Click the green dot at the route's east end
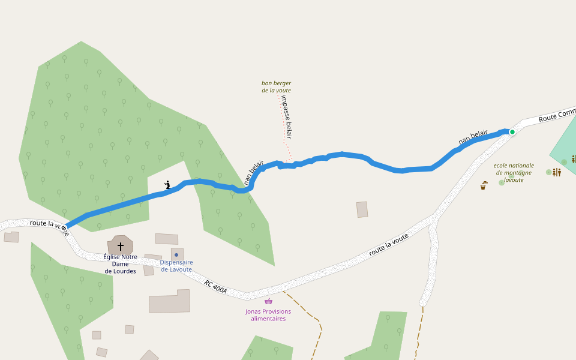pyautogui.click(x=512, y=132)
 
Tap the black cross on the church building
pyautogui.click(x=121, y=246)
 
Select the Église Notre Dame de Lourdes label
pyautogui.click(x=121, y=264)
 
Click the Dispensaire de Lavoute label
pyautogui.click(x=176, y=266)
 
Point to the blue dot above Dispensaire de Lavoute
pyautogui.click(x=176, y=255)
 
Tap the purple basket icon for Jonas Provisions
pyautogui.click(x=268, y=301)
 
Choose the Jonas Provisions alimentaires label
pyautogui.click(x=268, y=315)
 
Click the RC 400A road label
pyautogui.click(x=216, y=287)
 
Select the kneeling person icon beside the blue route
pyautogui.click(x=168, y=185)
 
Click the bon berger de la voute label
pyautogui.click(x=276, y=86)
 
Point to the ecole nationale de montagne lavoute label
pyautogui.click(x=513, y=172)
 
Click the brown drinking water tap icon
pyautogui.click(x=484, y=185)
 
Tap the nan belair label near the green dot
pyautogui.click(x=473, y=137)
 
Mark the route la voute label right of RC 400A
pyautogui.click(x=388, y=244)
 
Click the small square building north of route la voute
pyautogui.click(x=362, y=209)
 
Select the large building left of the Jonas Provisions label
pyautogui.click(x=169, y=302)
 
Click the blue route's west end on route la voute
pyautogui.click(x=65, y=228)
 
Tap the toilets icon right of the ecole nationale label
pyautogui.click(x=557, y=172)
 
